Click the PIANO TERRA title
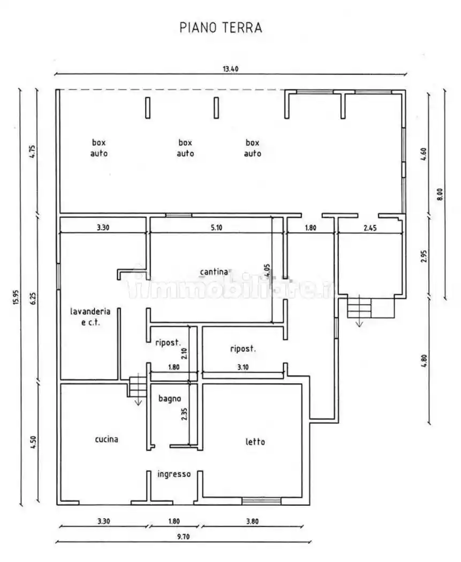[x=221, y=28]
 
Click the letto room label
[x=255, y=442]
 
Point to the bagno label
[x=169, y=398]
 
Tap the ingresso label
[x=174, y=474]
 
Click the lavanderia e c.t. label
[x=90, y=316]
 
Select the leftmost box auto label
[x=99, y=148]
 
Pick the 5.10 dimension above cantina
[x=216, y=227]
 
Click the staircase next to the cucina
[x=137, y=386]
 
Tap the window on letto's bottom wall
[x=261, y=501]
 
